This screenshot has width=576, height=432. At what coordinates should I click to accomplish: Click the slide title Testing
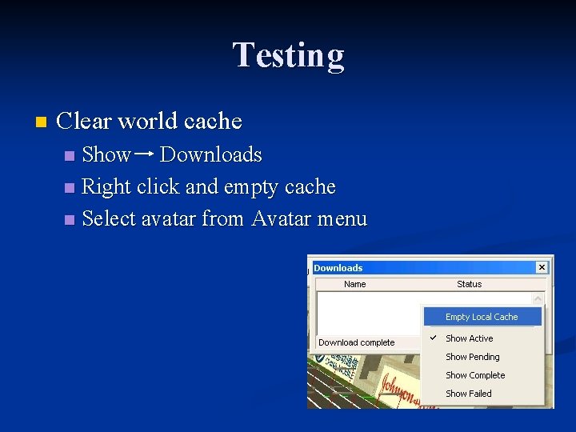tap(288, 56)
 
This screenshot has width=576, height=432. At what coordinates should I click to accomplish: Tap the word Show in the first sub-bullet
tap(106, 154)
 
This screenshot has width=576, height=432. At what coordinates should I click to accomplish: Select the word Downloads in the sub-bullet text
tap(210, 154)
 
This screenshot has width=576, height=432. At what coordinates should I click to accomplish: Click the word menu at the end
tap(339, 218)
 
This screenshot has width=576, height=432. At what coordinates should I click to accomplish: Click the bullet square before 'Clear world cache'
tap(42, 122)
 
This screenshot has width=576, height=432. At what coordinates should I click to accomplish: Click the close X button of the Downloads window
tap(542, 267)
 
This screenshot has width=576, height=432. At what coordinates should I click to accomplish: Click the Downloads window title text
tap(338, 268)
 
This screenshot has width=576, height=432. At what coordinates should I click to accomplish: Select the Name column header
tap(354, 284)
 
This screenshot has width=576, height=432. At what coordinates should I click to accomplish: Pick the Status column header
tap(469, 284)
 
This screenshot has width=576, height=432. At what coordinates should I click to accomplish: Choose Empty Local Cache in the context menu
tap(482, 317)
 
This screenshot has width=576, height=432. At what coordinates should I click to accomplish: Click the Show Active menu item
tap(469, 338)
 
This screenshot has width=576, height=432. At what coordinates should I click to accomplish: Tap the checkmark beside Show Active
tap(433, 338)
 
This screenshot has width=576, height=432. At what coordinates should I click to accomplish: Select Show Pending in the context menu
tap(472, 357)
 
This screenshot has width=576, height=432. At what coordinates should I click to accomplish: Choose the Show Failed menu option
tap(468, 394)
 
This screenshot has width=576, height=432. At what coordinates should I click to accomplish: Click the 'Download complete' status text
tap(356, 342)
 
